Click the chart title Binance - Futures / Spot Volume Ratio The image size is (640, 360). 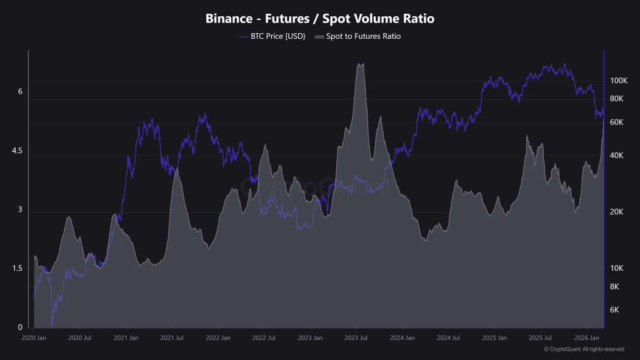coord(320,19)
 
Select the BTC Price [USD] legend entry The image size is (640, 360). coord(273,36)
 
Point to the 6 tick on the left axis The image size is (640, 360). coord(20,91)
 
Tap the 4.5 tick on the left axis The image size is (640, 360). coord(17,151)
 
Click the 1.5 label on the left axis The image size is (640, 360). coord(17,268)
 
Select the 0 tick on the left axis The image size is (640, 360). coord(20,327)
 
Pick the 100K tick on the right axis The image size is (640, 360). coord(618,81)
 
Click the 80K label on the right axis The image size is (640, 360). coord(617,99)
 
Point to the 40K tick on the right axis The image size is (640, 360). coord(617,155)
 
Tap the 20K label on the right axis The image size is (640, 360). coord(617,212)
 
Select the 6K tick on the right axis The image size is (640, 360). coord(615,310)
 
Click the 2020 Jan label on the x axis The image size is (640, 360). coord(34,337)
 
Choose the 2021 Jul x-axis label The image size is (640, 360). coord(171,337)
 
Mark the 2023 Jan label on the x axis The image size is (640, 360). coord(309,337)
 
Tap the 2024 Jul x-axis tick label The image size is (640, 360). coord(447,337)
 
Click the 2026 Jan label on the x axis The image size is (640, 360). coord(585,337)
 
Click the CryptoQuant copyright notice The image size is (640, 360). coord(584,349)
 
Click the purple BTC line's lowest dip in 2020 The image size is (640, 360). coord(52,324)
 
